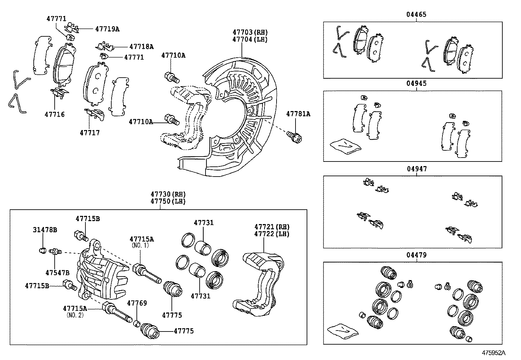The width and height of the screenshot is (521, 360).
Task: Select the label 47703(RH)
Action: (x=250, y=32)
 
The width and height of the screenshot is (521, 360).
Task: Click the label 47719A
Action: (x=107, y=29)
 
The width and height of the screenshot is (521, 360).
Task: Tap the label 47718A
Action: (x=141, y=47)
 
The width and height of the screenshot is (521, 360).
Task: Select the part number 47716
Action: (x=55, y=114)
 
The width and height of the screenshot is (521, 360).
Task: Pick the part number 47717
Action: (x=90, y=133)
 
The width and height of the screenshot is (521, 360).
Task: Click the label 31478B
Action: (x=45, y=230)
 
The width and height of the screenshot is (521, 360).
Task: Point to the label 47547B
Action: (x=58, y=273)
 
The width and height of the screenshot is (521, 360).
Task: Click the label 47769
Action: (x=137, y=303)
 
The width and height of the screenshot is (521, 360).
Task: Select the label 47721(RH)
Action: (x=272, y=227)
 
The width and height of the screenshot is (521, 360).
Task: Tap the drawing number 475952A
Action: (x=494, y=353)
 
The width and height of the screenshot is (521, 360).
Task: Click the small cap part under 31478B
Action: (x=42, y=251)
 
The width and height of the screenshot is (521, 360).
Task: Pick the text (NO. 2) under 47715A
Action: (x=75, y=315)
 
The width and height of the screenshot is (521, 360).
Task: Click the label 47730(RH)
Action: (x=168, y=194)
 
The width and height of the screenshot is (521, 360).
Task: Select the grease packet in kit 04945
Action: (x=346, y=146)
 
